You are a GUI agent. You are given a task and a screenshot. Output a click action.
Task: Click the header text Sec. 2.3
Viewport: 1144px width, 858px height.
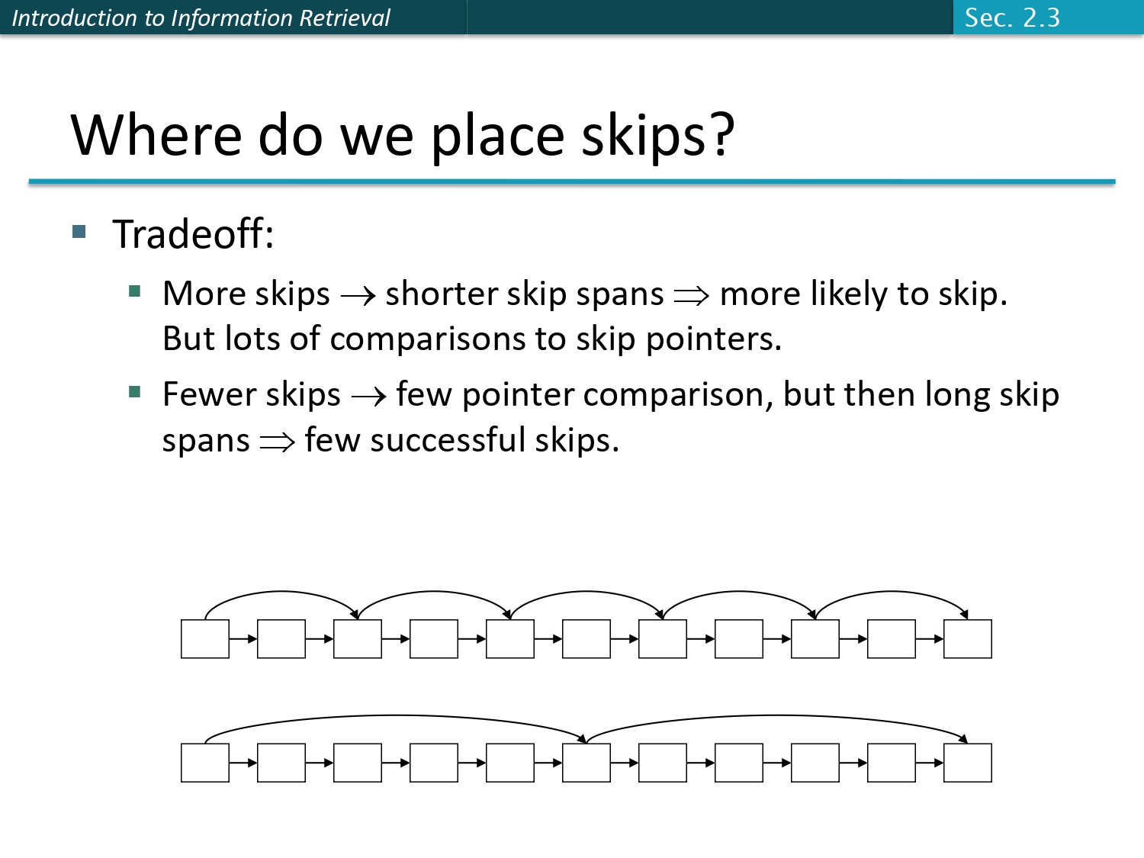click(x=1012, y=18)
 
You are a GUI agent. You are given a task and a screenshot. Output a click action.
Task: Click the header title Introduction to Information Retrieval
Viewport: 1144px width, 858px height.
click(x=201, y=18)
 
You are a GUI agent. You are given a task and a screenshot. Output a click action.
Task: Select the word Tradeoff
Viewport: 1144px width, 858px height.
click(x=192, y=234)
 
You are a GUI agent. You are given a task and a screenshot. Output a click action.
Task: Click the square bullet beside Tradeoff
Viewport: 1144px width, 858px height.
click(x=79, y=231)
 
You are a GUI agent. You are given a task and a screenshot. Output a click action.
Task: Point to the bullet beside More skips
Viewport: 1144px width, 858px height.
click(x=135, y=291)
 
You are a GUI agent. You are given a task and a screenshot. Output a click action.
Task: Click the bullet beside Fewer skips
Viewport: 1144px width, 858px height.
click(x=135, y=392)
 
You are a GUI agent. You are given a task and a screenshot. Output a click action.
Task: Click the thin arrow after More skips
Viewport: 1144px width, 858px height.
click(x=358, y=296)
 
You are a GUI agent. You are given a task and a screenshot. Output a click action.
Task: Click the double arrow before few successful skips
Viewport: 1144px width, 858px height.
click(x=277, y=442)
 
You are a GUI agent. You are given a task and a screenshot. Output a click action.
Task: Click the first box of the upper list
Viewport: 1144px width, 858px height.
click(x=205, y=639)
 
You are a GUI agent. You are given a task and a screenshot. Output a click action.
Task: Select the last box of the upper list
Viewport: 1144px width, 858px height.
click(x=968, y=639)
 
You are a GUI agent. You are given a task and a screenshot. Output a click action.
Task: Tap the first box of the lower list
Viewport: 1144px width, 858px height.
click(x=205, y=763)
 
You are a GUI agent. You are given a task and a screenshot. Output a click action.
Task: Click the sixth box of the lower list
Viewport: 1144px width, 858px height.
click(x=586, y=763)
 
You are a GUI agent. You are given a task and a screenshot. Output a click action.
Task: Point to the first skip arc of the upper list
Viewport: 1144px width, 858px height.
click(x=281, y=592)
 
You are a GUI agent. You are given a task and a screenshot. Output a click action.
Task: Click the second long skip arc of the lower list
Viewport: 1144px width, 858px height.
click(x=776, y=716)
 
